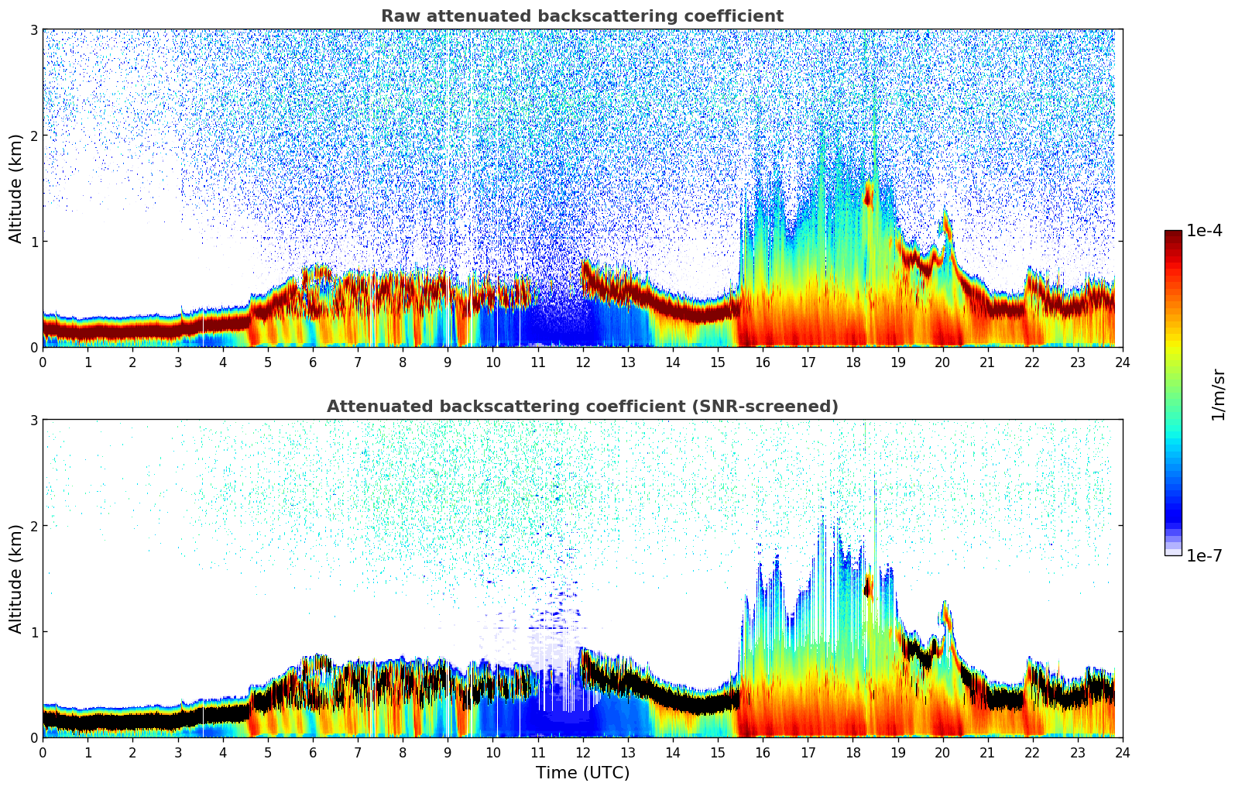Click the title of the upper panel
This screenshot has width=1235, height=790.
tap(581, 16)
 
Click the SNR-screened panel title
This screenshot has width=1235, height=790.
tap(581, 407)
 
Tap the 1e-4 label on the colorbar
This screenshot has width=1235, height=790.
tap(1204, 231)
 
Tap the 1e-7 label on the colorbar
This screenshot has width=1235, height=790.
tap(1204, 555)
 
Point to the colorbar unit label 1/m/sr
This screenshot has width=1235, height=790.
tap(1218, 394)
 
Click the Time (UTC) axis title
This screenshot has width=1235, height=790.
tap(582, 773)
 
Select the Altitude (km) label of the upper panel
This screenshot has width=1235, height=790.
tap(16, 188)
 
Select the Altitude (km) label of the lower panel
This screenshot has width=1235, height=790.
tap(16, 579)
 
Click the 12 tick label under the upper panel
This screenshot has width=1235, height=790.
tap(582, 362)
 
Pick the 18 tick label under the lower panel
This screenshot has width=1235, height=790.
tap(852, 752)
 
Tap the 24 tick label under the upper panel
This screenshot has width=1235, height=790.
tap(1122, 362)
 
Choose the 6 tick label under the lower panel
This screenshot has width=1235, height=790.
tap(313, 752)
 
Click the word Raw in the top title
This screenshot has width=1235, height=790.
tap(396, 16)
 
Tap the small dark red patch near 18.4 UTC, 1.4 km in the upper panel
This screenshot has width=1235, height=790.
tap(868, 197)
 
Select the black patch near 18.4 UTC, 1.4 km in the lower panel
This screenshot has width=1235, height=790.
tap(868, 587)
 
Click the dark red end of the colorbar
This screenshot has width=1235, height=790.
tap(1173, 235)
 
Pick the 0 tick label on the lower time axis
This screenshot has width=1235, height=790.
tap(43, 752)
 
